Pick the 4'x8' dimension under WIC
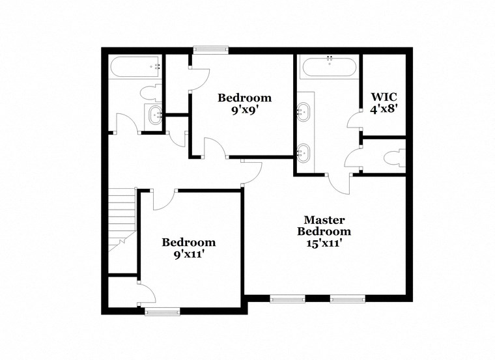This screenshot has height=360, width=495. click(x=384, y=109)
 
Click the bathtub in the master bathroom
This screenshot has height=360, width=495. click(x=329, y=66)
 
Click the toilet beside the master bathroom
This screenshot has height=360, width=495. click(x=393, y=158)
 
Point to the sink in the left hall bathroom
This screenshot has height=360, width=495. click(x=156, y=116)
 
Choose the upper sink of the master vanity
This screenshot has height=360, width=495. click(x=304, y=111)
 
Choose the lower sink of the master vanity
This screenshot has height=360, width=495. click(x=304, y=154)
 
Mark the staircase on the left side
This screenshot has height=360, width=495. click(x=120, y=218)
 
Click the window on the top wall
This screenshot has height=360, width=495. click(x=211, y=48)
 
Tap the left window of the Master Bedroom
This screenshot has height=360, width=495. click(x=287, y=299)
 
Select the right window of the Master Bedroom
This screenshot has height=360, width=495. click(x=346, y=299)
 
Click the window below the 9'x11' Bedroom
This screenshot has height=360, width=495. click(x=162, y=312)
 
